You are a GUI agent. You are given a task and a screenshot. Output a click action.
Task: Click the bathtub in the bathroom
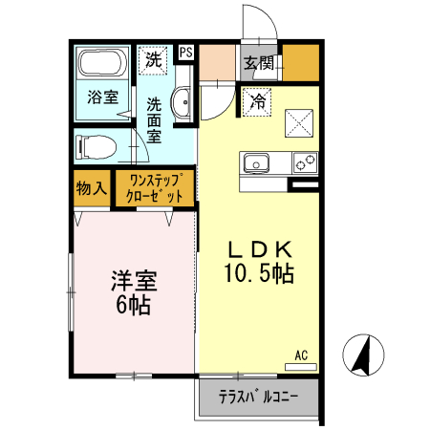[102, 65]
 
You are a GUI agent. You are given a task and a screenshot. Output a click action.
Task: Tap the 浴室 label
[102, 97]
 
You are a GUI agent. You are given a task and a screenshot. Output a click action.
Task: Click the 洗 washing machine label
[154, 58]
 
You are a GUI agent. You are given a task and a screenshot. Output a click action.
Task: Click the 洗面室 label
[154, 118]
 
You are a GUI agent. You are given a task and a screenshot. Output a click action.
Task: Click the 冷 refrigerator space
[257, 98]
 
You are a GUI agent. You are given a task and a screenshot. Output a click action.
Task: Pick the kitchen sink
[257, 163]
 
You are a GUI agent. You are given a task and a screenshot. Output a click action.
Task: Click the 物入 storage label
[92, 188]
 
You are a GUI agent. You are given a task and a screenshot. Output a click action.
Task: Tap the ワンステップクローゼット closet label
[155, 187]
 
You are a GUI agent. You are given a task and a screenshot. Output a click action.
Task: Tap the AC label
[301, 355]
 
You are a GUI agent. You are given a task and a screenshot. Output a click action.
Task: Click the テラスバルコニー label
[258, 396]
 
